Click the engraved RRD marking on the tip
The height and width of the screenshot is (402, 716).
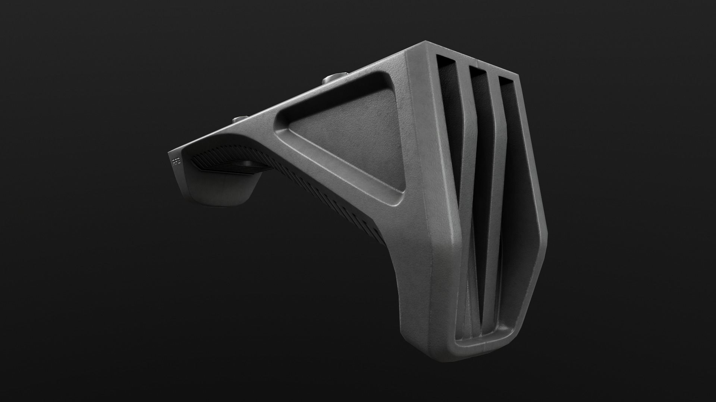coord(175,161)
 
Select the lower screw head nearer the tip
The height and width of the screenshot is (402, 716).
coord(239,119)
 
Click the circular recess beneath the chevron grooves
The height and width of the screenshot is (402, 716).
coord(248,164)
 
